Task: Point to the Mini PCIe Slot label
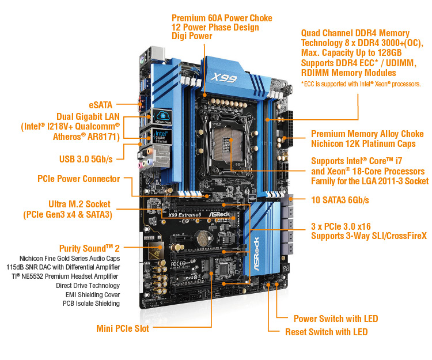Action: point(122,328)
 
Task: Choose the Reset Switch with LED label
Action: point(326,332)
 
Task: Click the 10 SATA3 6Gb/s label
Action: point(340,200)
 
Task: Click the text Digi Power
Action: point(192,36)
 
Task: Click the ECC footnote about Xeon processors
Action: point(361,84)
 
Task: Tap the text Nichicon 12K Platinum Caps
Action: point(363,143)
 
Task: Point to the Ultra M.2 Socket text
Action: point(83,204)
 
